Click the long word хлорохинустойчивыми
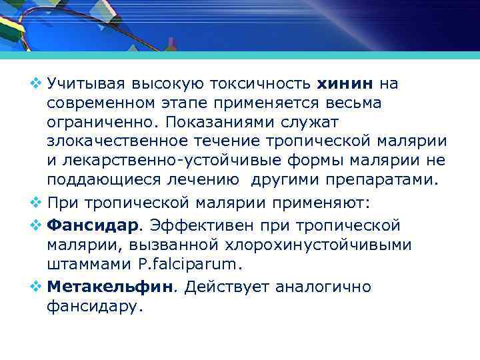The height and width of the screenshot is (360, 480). (x=321, y=245)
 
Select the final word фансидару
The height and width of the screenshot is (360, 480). (x=95, y=307)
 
